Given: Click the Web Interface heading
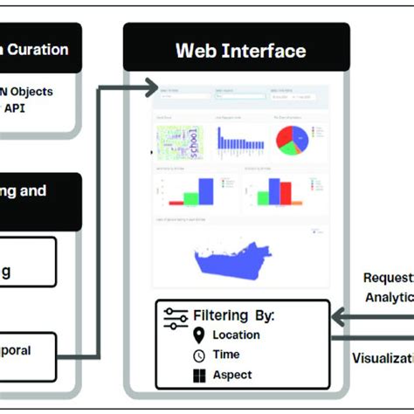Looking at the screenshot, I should (241, 50).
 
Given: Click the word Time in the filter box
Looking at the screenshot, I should (226, 355).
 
